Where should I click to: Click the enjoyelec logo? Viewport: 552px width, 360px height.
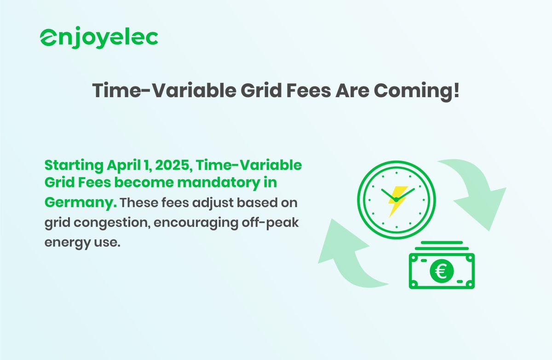tap(99, 37)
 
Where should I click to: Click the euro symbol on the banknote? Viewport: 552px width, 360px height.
tap(441, 271)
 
